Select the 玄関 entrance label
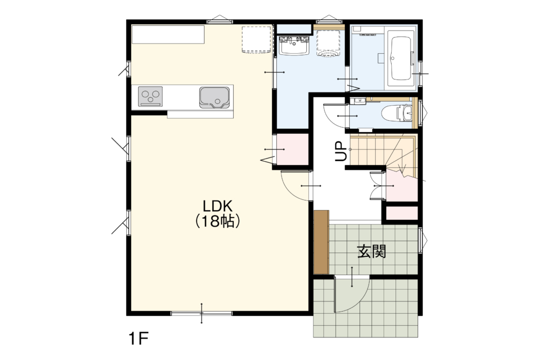pos(372,251)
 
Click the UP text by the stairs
pos(341,152)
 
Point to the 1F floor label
pos(139,339)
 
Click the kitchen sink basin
pos(214,97)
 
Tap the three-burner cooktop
pos(150,97)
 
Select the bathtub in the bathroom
pos(400,58)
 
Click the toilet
pos(398,113)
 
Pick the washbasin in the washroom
pos(294,45)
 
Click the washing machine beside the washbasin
pos(329,43)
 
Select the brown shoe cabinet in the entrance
pos(322,242)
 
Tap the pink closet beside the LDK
pos(293,149)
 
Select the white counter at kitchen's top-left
pos(168,34)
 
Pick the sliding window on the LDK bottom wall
pos(202,313)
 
